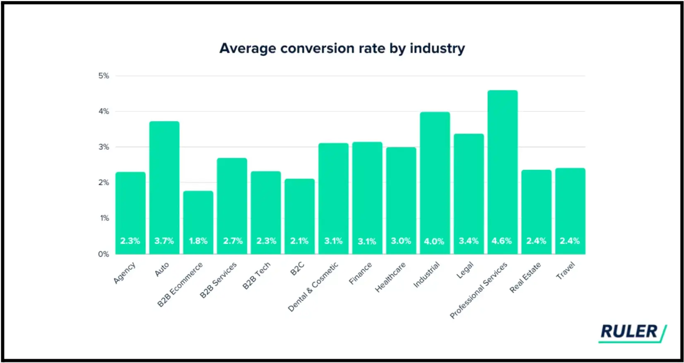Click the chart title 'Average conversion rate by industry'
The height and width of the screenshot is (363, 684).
click(x=342, y=48)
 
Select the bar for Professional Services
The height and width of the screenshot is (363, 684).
click(x=502, y=166)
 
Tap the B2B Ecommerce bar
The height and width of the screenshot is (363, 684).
click(x=198, y=215)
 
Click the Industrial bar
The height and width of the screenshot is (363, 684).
click(x=435, y=174)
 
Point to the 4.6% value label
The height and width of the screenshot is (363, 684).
click(x=502, y=241)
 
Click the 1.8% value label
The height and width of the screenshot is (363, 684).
click(x=198, y=241)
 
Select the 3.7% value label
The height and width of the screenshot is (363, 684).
click(x=164, y=241)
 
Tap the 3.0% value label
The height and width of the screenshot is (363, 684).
click(x=401, y=241)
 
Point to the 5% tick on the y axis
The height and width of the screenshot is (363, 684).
click(x=104, y=76)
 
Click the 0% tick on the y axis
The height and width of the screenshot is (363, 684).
click(x=104, y=254)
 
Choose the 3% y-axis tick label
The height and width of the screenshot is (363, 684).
click(x=104, y=147)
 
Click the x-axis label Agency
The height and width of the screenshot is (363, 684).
click(x=125, y=273)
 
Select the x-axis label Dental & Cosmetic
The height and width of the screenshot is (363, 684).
click(x=313, y=287)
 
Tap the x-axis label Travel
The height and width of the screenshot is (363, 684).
click(x=566, y=271)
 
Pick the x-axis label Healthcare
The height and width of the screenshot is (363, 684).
click(x=390, y=277)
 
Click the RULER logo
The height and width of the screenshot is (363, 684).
click(x=632, y=332)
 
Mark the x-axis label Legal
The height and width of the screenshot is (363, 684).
click(x=465, y=271)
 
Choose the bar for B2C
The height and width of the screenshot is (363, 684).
click(x=300, y=207)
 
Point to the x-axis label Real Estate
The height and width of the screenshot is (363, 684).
click(x=525, y=277)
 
